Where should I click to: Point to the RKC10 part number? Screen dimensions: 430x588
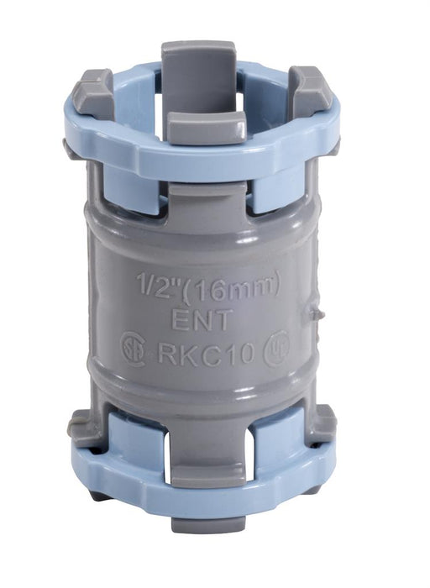[207, 354]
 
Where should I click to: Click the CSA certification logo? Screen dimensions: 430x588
[133, 349]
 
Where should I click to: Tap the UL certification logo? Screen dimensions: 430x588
[276, 349]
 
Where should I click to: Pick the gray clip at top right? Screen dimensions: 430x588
[309, 91]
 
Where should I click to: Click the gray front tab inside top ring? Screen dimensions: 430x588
[206, 128]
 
